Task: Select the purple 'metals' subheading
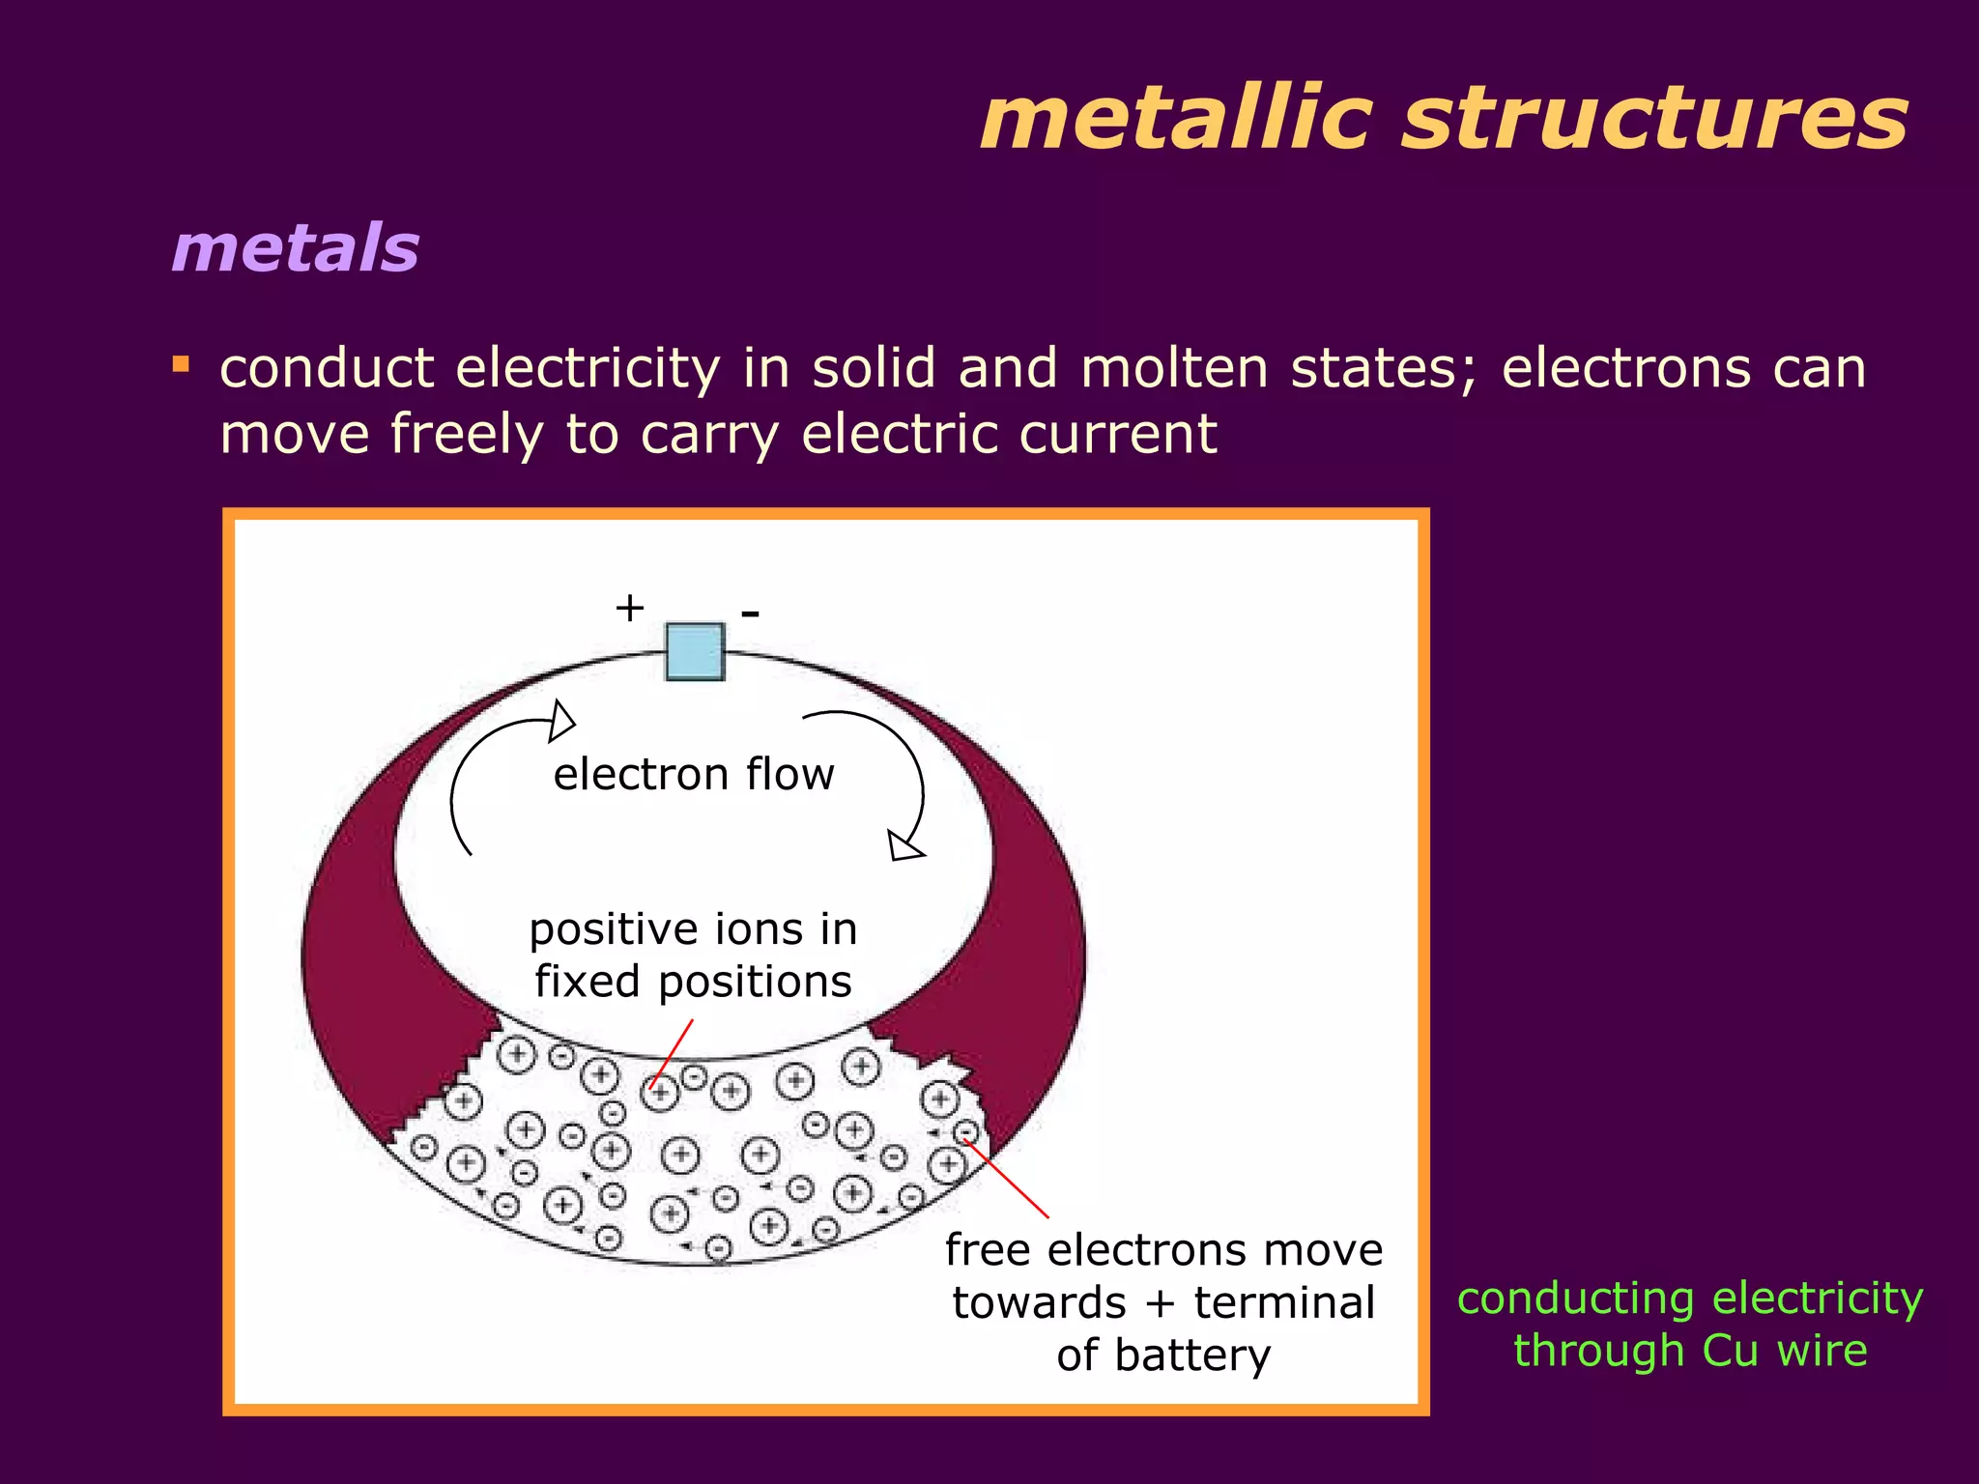click(x=295, y=248)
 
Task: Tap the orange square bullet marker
click(x=181, y=365)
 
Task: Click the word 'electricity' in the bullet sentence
click(x=588, y=369)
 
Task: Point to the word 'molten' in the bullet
click(x=1174, y=369)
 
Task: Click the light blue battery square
click(x=695, y=651)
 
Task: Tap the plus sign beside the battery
click(x=629, y=609)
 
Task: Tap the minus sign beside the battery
click(x=750, y=613)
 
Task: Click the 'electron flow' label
click(x=693, y=775)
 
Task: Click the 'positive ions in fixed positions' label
click(x=693, y=955)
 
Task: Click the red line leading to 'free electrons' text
click(x=1007, y=1179)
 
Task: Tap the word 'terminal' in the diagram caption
click(x=1283, y=1302)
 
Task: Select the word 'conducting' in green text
click(x=1574, y=1298)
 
